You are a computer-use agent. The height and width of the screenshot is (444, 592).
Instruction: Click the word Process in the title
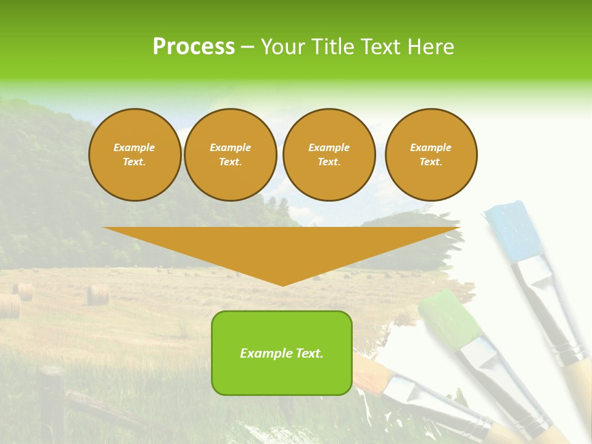click(x=194, y=47)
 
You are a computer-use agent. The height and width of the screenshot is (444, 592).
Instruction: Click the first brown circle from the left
click(x=134, y=155)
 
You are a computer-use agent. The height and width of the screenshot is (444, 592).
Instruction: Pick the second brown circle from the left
click(x=230, y=155)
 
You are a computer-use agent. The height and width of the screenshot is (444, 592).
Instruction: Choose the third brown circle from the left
click(x=329, y=155)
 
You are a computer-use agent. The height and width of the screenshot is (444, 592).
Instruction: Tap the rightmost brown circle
click(x=431, y=155)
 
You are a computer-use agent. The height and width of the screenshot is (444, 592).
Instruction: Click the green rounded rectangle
click(x=282, y=353)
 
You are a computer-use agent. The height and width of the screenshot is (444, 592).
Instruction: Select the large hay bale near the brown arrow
click(x=97, y=295)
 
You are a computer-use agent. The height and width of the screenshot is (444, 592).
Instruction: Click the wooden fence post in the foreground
click(x=52, y=401)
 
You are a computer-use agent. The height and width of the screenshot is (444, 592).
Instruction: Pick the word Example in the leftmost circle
click(x=134, y=147)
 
